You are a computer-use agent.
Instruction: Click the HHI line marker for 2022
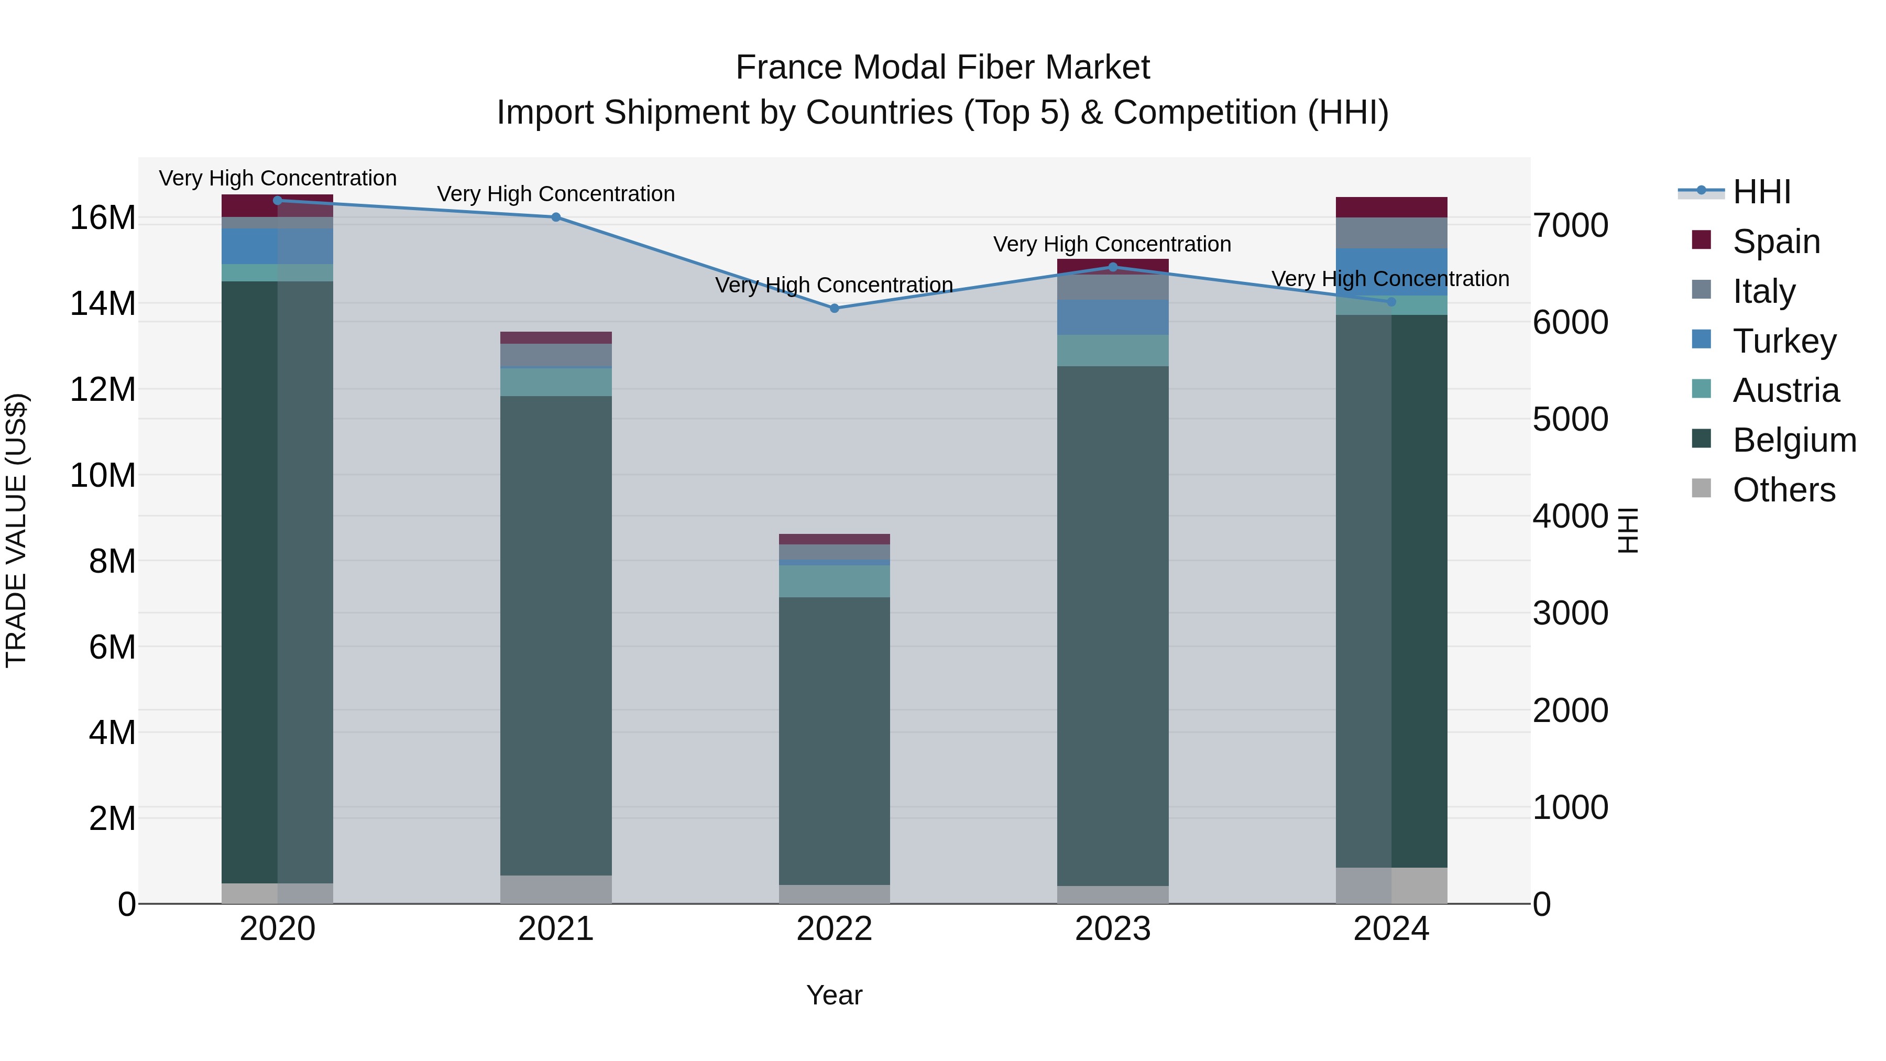[834, 308]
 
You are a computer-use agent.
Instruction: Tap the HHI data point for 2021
[556, 217]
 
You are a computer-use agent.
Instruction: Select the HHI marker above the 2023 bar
[1113, 267]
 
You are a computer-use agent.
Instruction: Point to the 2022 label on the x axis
[834, 929]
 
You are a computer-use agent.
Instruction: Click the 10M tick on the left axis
[103, 475]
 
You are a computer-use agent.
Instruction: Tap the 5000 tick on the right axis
[1571, 420]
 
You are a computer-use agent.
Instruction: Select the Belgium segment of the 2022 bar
[834, 739]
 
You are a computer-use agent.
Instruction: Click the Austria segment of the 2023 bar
[1113, 350]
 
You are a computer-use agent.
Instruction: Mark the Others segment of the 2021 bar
[556, 889]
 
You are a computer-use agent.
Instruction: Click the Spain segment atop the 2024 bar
[1391, 207]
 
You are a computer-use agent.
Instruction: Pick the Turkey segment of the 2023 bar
[1113, 317]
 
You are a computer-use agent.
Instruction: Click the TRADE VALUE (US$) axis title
[16, 530]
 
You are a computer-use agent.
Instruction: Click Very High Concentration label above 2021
[556, 194]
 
